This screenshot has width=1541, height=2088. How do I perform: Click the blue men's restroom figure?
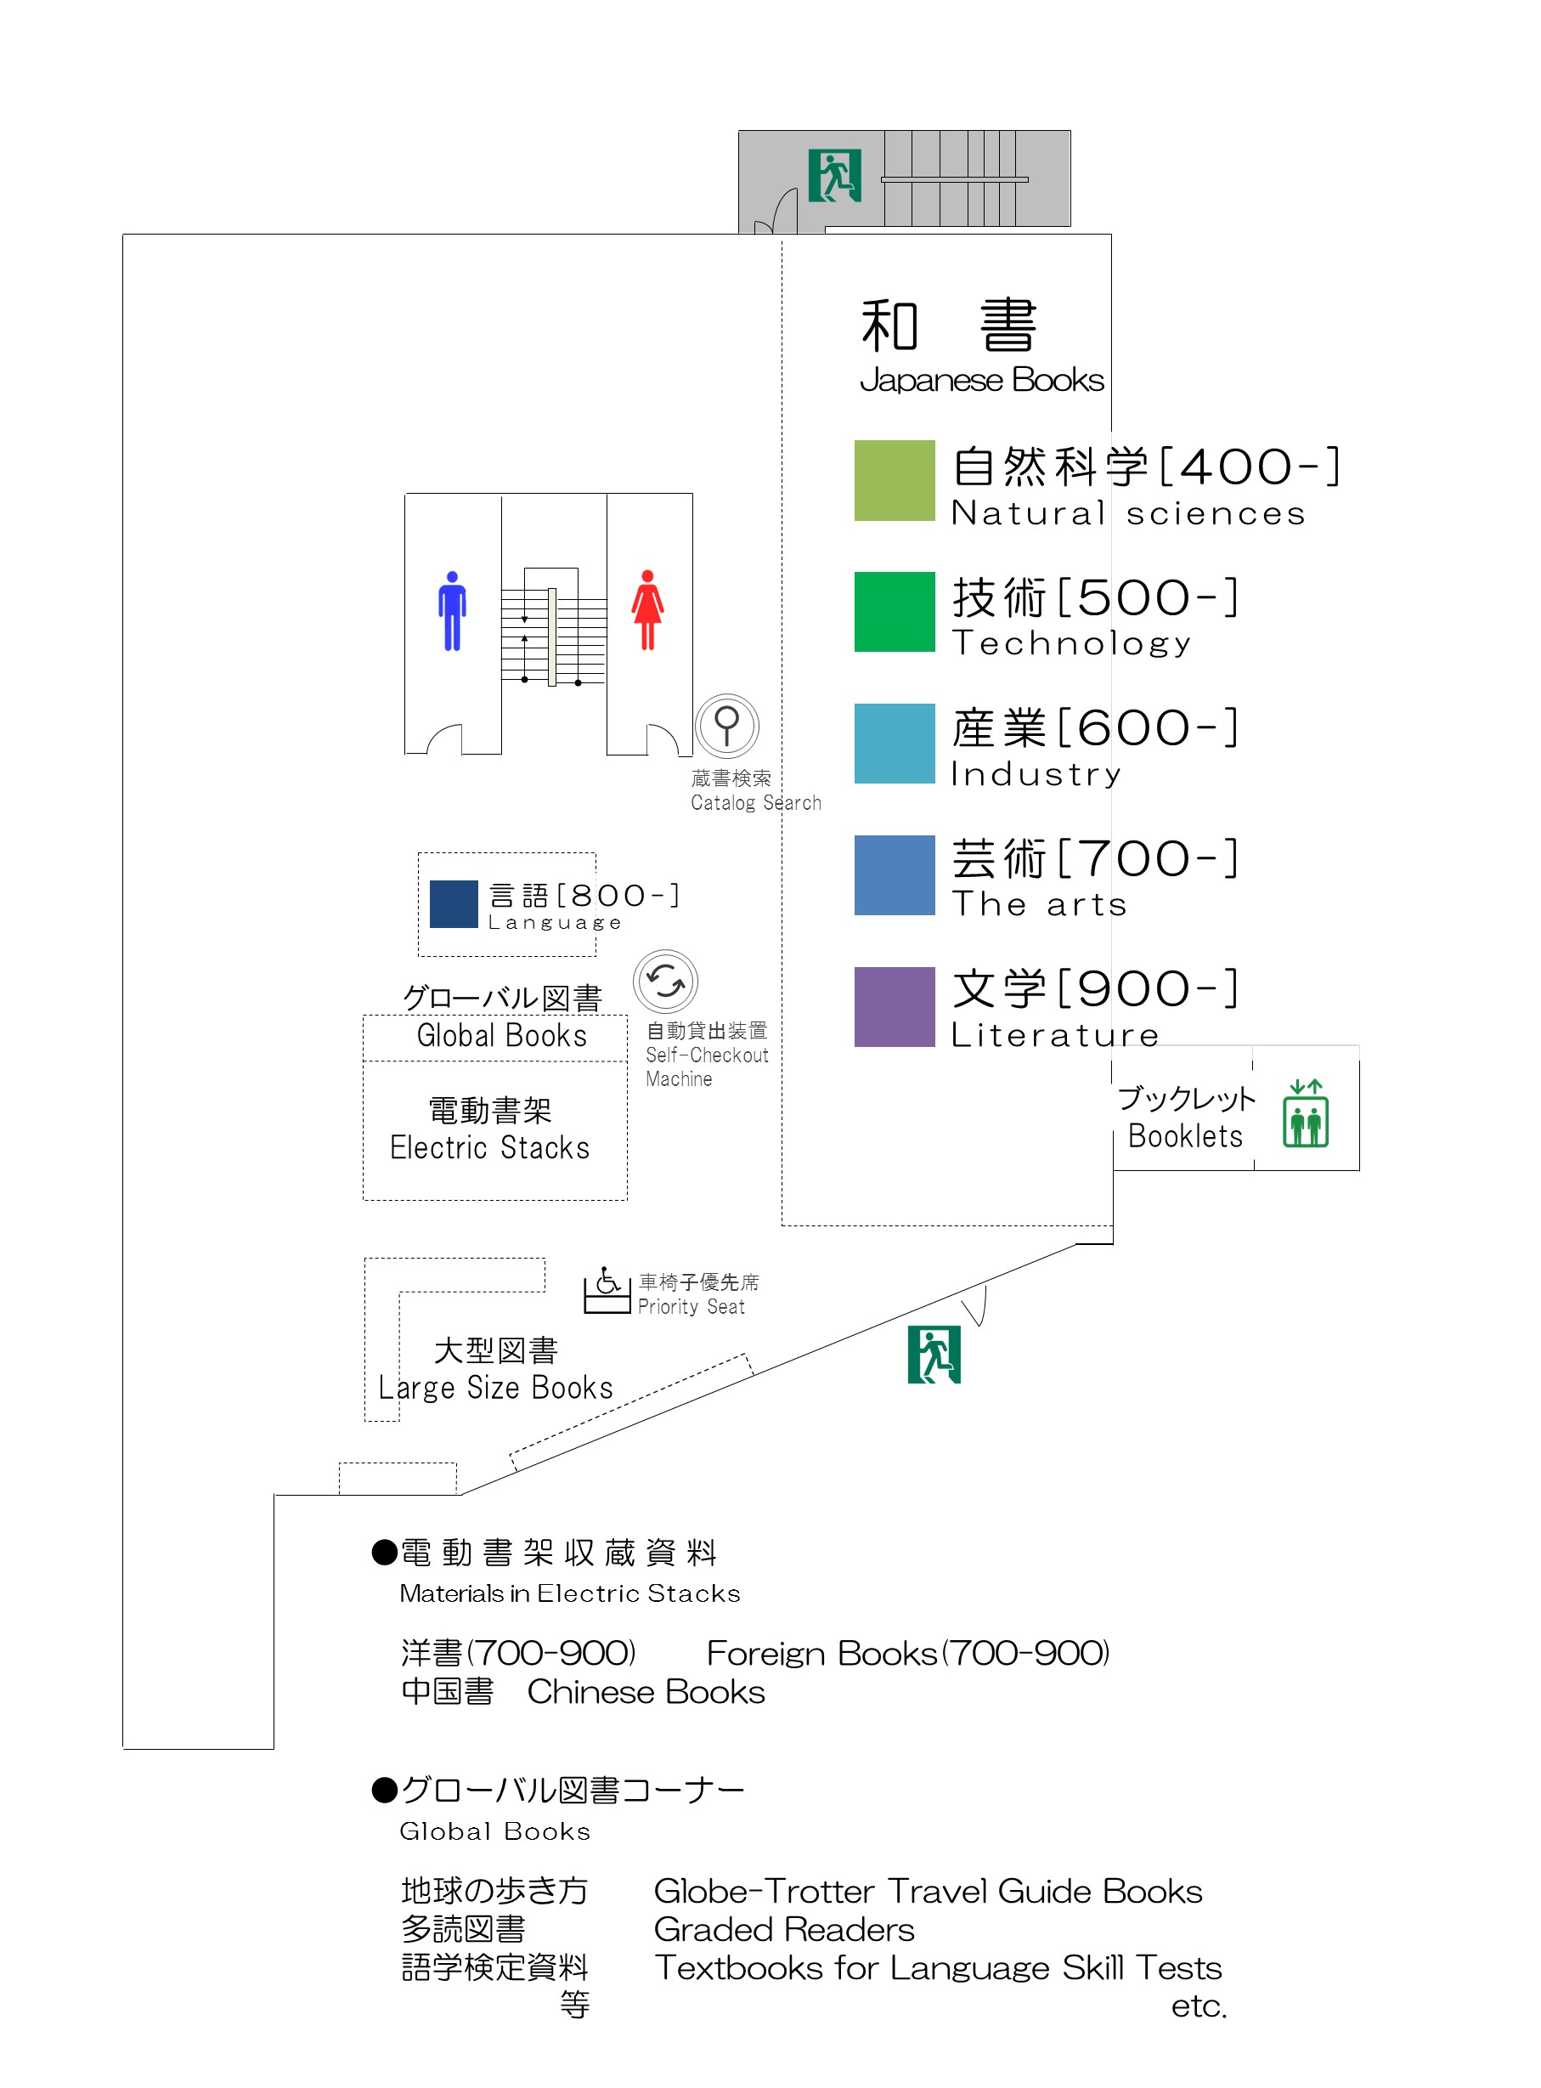click(x=453, y=611)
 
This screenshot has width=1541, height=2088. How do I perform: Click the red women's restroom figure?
click(x=647, y=610)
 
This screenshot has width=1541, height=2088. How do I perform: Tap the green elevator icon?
click(x=1306, y=1113)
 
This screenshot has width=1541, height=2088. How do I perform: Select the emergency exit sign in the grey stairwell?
click(x=835, y=175)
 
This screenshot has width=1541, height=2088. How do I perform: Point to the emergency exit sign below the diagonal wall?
click(x=934, y=1355)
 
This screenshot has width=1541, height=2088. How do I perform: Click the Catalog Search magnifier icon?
click(x=726, y=726)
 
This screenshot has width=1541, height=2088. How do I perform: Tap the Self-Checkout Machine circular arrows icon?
click(x=665, y=982)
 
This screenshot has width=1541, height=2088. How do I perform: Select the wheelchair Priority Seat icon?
click(x=607, y=1290)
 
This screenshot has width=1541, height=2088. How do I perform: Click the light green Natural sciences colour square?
click(x=895, y=480)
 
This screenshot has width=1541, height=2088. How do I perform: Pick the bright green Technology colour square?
click(x=895, y=612)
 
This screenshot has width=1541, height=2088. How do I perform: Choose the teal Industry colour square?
click(x=895, y=744)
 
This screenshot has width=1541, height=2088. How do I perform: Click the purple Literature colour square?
click(x=895, y=1008)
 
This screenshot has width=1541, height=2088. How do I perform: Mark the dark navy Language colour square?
click(x=454, y=904)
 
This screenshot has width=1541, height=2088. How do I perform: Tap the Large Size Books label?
click(x=495, y=1389)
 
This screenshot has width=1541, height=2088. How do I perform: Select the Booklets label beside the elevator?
click(x=1186, y=1135)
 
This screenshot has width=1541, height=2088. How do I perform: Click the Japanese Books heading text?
click(x=981, y=380)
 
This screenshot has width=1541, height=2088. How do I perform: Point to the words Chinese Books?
click(x=646, y=1693)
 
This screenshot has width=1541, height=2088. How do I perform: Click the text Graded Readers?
click(x=783, y=1929)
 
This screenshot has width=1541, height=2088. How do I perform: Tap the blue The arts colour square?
click(x=895, y=875)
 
